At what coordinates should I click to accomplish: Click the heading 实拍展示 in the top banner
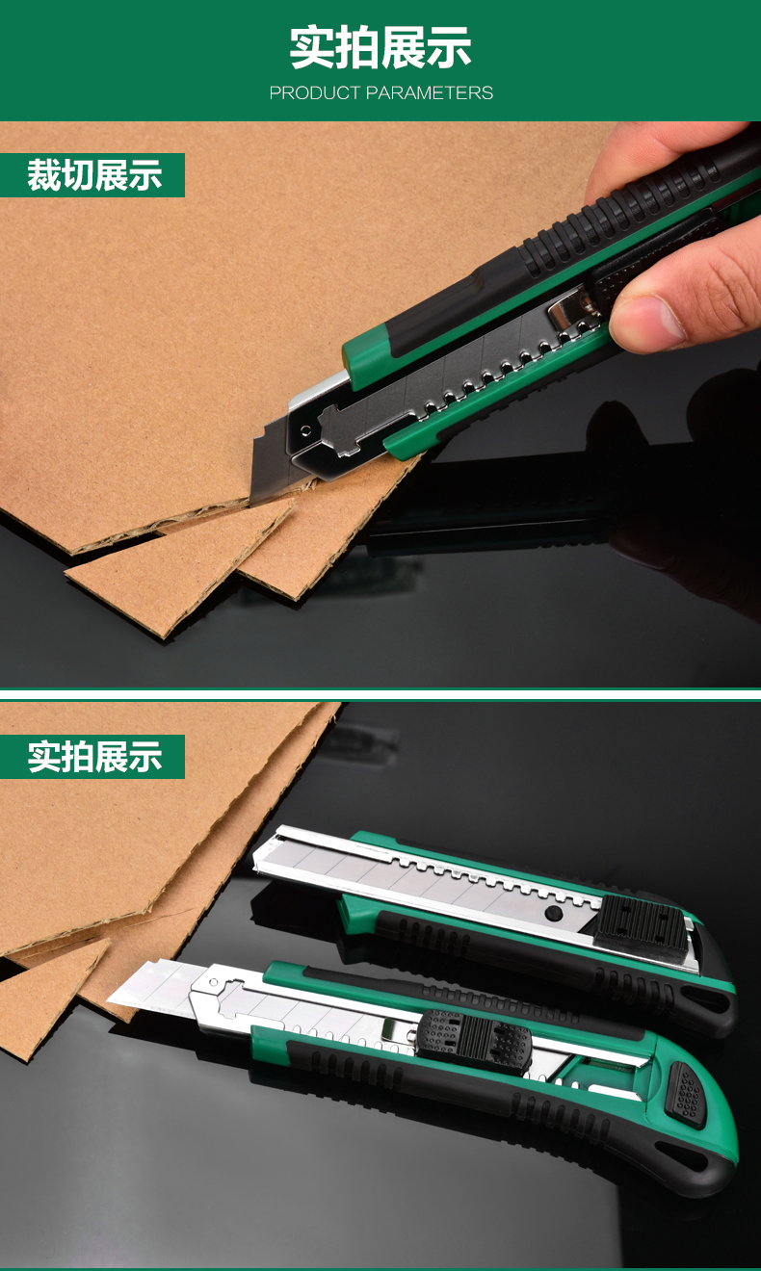point(380,48)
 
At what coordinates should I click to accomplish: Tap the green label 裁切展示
point(93,175)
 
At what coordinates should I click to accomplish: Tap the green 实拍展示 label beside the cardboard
point(93,757)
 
